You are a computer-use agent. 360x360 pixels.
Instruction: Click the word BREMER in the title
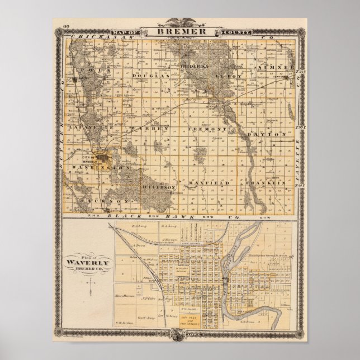point(179,32)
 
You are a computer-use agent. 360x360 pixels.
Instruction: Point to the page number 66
point(66,26)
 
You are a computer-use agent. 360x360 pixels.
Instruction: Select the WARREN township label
point(148,129)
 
